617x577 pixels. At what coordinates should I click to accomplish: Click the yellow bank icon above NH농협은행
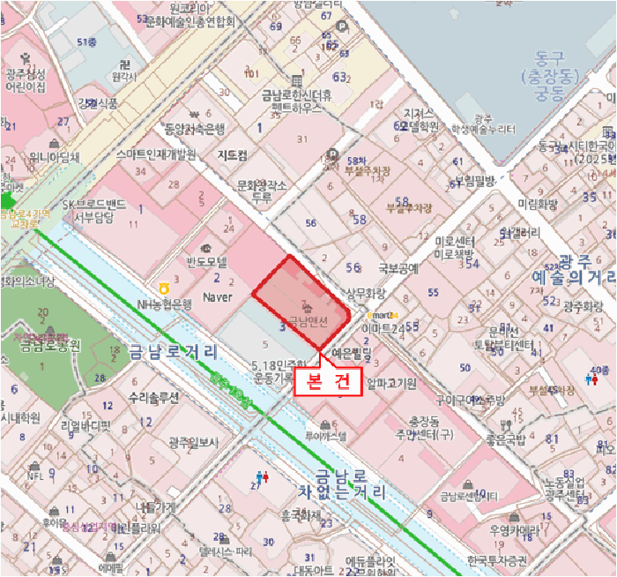pos(163,288)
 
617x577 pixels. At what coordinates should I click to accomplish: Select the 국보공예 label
pos(398,266)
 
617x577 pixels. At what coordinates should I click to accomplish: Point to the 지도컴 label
pos(232,154)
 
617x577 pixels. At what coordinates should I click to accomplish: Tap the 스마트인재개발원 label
pos(156,154)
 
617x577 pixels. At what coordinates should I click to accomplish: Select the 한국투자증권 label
pos(496,559)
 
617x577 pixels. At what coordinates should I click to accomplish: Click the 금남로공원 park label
pos(44,345)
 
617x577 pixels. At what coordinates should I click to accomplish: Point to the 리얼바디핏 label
pos(86,425)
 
